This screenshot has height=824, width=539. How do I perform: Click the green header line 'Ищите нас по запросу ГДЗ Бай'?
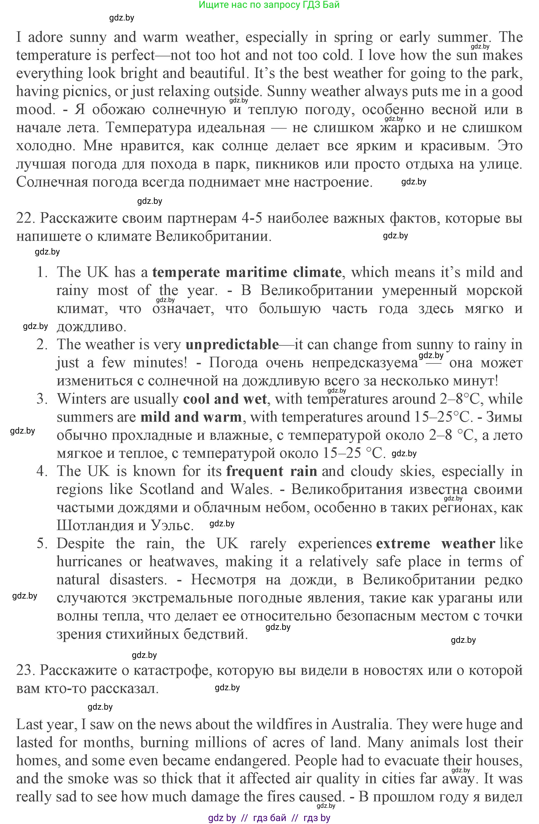click(269, 5)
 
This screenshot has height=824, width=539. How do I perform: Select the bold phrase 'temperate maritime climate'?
click(247, 273)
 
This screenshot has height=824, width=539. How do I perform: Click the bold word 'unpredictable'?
click(232, 345)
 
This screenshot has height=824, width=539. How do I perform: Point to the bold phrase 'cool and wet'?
click(225, 399)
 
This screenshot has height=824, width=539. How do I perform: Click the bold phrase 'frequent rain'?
click(272, 472)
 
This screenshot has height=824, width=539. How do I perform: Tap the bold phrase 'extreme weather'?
click(435, 544)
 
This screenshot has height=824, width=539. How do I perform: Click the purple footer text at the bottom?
click(269, 818)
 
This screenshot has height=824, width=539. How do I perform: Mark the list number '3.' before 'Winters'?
click(42, 399)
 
